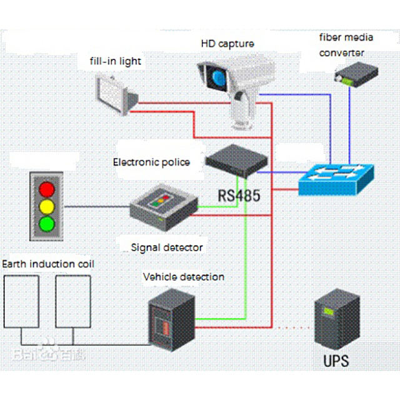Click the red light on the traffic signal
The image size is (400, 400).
click(47, 188)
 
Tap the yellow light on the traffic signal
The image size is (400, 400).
click(47, 205)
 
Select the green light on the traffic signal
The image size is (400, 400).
click(47, 222)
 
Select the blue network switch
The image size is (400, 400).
click(335, 178)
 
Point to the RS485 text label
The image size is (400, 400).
click(239, 195)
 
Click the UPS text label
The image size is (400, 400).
click(336, 361)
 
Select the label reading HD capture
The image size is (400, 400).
click(227, 44)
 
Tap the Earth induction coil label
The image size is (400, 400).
click(49, 264)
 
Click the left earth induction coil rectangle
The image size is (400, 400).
click(22, 301)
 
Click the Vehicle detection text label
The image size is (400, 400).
click(184, 276)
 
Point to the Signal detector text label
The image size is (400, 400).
click(167, 247)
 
